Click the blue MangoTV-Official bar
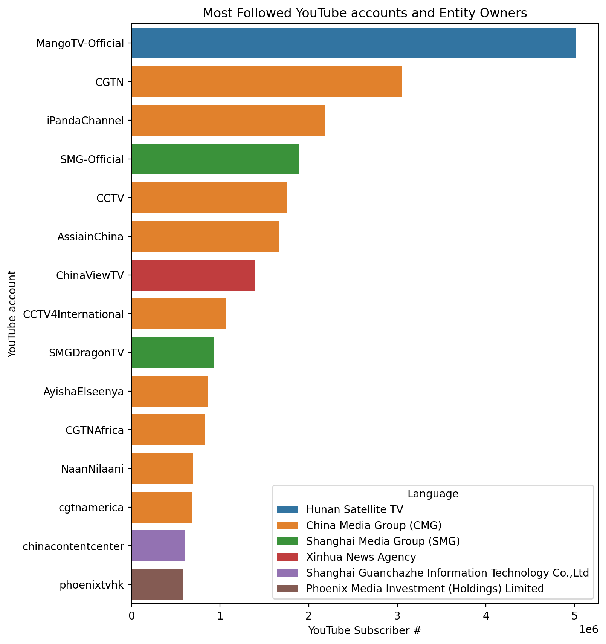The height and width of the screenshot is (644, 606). (353, 43)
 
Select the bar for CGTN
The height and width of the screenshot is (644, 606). (266, 82)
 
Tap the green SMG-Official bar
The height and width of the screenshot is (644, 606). (215, 159)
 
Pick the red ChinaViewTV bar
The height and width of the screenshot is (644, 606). (193, 275)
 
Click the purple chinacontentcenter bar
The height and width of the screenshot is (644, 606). (158, 546)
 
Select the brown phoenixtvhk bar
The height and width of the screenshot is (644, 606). (157, 584)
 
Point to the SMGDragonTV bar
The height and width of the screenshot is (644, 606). (172, 352)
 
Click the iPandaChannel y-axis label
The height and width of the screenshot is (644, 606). (85, 121)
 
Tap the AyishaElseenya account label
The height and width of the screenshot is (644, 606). (83, 392)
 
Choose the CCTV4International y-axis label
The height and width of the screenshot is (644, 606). (73, 314)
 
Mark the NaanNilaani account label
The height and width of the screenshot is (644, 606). (92, 469)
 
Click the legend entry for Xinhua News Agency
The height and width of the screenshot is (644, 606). (361, 557)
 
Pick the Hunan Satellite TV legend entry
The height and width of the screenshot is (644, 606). (354, 509)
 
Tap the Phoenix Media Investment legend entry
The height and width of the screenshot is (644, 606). (425, 589)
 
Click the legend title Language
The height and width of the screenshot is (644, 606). (433, 494)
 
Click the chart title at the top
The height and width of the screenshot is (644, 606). (364, 13)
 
